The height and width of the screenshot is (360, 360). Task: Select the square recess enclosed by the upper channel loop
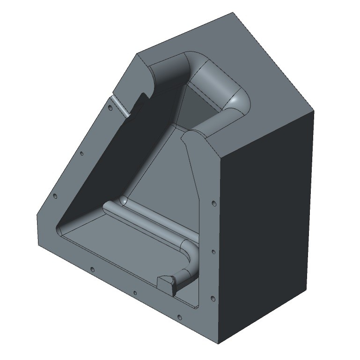(x=199, y=108)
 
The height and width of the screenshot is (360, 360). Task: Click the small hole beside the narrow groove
(x=110, y=107)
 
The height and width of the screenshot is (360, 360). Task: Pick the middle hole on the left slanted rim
(x=81, y=153)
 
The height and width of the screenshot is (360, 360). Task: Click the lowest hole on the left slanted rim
(x=54, y=196)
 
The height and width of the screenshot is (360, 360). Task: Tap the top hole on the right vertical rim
(x=213, y=204)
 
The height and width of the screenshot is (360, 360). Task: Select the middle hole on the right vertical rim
(x=213, y=252)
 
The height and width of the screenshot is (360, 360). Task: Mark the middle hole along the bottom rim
(x=135, y=293)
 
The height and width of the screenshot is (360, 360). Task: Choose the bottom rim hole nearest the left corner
(x=92, y=270)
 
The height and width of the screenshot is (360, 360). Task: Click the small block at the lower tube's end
(x=165, y=283)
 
